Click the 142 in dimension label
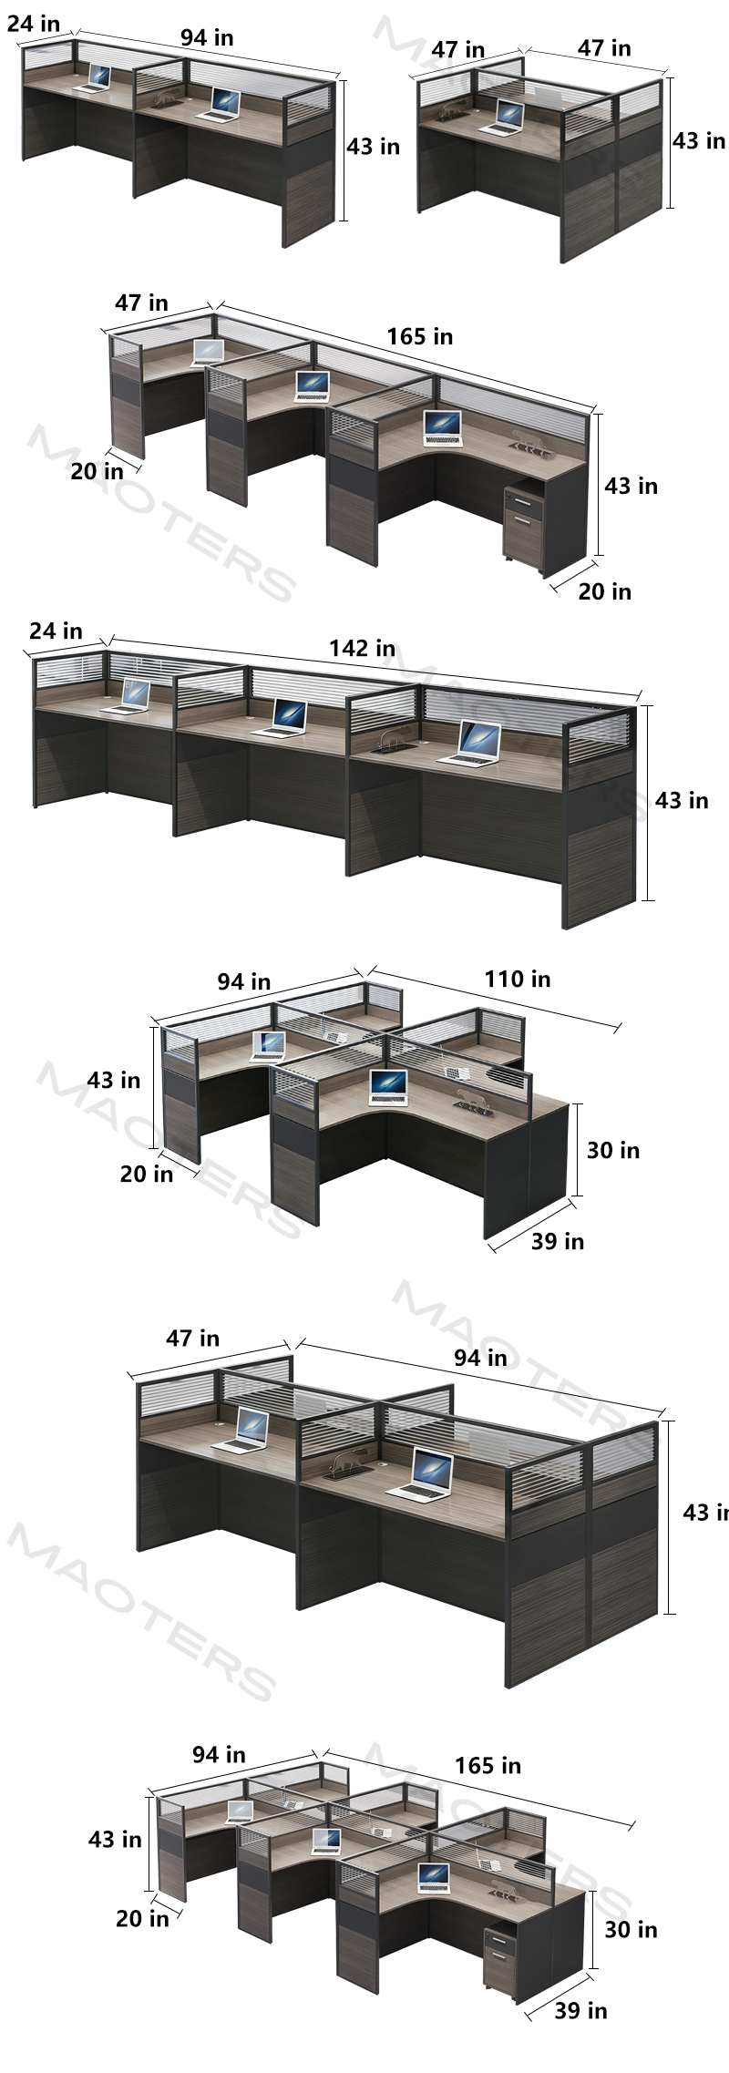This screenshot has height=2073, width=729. pos(362,648)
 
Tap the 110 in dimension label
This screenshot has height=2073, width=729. pos(517,979)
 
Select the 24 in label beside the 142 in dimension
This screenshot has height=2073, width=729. pos(56,631)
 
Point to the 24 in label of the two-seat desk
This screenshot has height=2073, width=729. pos(34,23)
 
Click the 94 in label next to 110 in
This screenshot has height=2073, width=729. pos(243,981)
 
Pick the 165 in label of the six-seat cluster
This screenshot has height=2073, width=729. pos(488,1766)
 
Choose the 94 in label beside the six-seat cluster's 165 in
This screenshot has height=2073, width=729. pos(219,1754)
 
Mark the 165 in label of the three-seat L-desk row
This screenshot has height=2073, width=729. pos(419,336)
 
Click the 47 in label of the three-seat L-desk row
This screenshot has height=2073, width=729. pos(141,303)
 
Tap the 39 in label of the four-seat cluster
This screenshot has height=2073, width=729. pos(558,1241)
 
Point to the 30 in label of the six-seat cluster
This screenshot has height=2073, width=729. pos(631,1929)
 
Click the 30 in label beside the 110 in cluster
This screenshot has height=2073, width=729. pos(613,1150)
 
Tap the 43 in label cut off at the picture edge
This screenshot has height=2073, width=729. pos(705,1513)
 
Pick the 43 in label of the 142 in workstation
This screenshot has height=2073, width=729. pos(682,800)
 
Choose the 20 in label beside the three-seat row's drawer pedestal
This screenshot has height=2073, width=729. pos(604,591)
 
